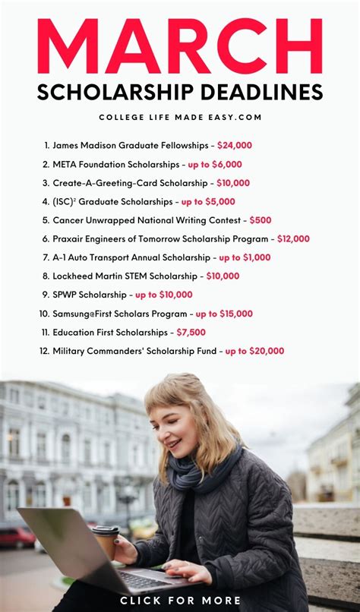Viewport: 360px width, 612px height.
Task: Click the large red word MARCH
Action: (x=180, y=47)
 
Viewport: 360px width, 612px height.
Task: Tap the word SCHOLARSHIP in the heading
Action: (x=111, y=93)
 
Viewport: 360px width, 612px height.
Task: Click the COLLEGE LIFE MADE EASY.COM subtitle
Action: (x=180, y=117)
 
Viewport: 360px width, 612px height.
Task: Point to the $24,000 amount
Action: (x=235, y=145)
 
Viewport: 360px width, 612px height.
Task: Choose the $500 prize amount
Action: (x=261, y=220)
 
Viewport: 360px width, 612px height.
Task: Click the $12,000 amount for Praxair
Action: (x=293, y=238)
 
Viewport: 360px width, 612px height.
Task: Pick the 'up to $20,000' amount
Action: (x=254, y=351)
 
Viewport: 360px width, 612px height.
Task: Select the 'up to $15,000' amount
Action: (x=224, y=314)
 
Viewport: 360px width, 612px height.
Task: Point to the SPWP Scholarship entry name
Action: (x=90, y=295)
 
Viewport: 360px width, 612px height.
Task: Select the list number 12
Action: (x=44, y=351)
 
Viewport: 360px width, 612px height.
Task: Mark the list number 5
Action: (x=46, y=220)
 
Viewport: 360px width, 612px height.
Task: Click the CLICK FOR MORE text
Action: (x=180, y=601)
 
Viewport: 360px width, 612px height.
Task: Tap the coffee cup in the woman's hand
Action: (x=106, y=541)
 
